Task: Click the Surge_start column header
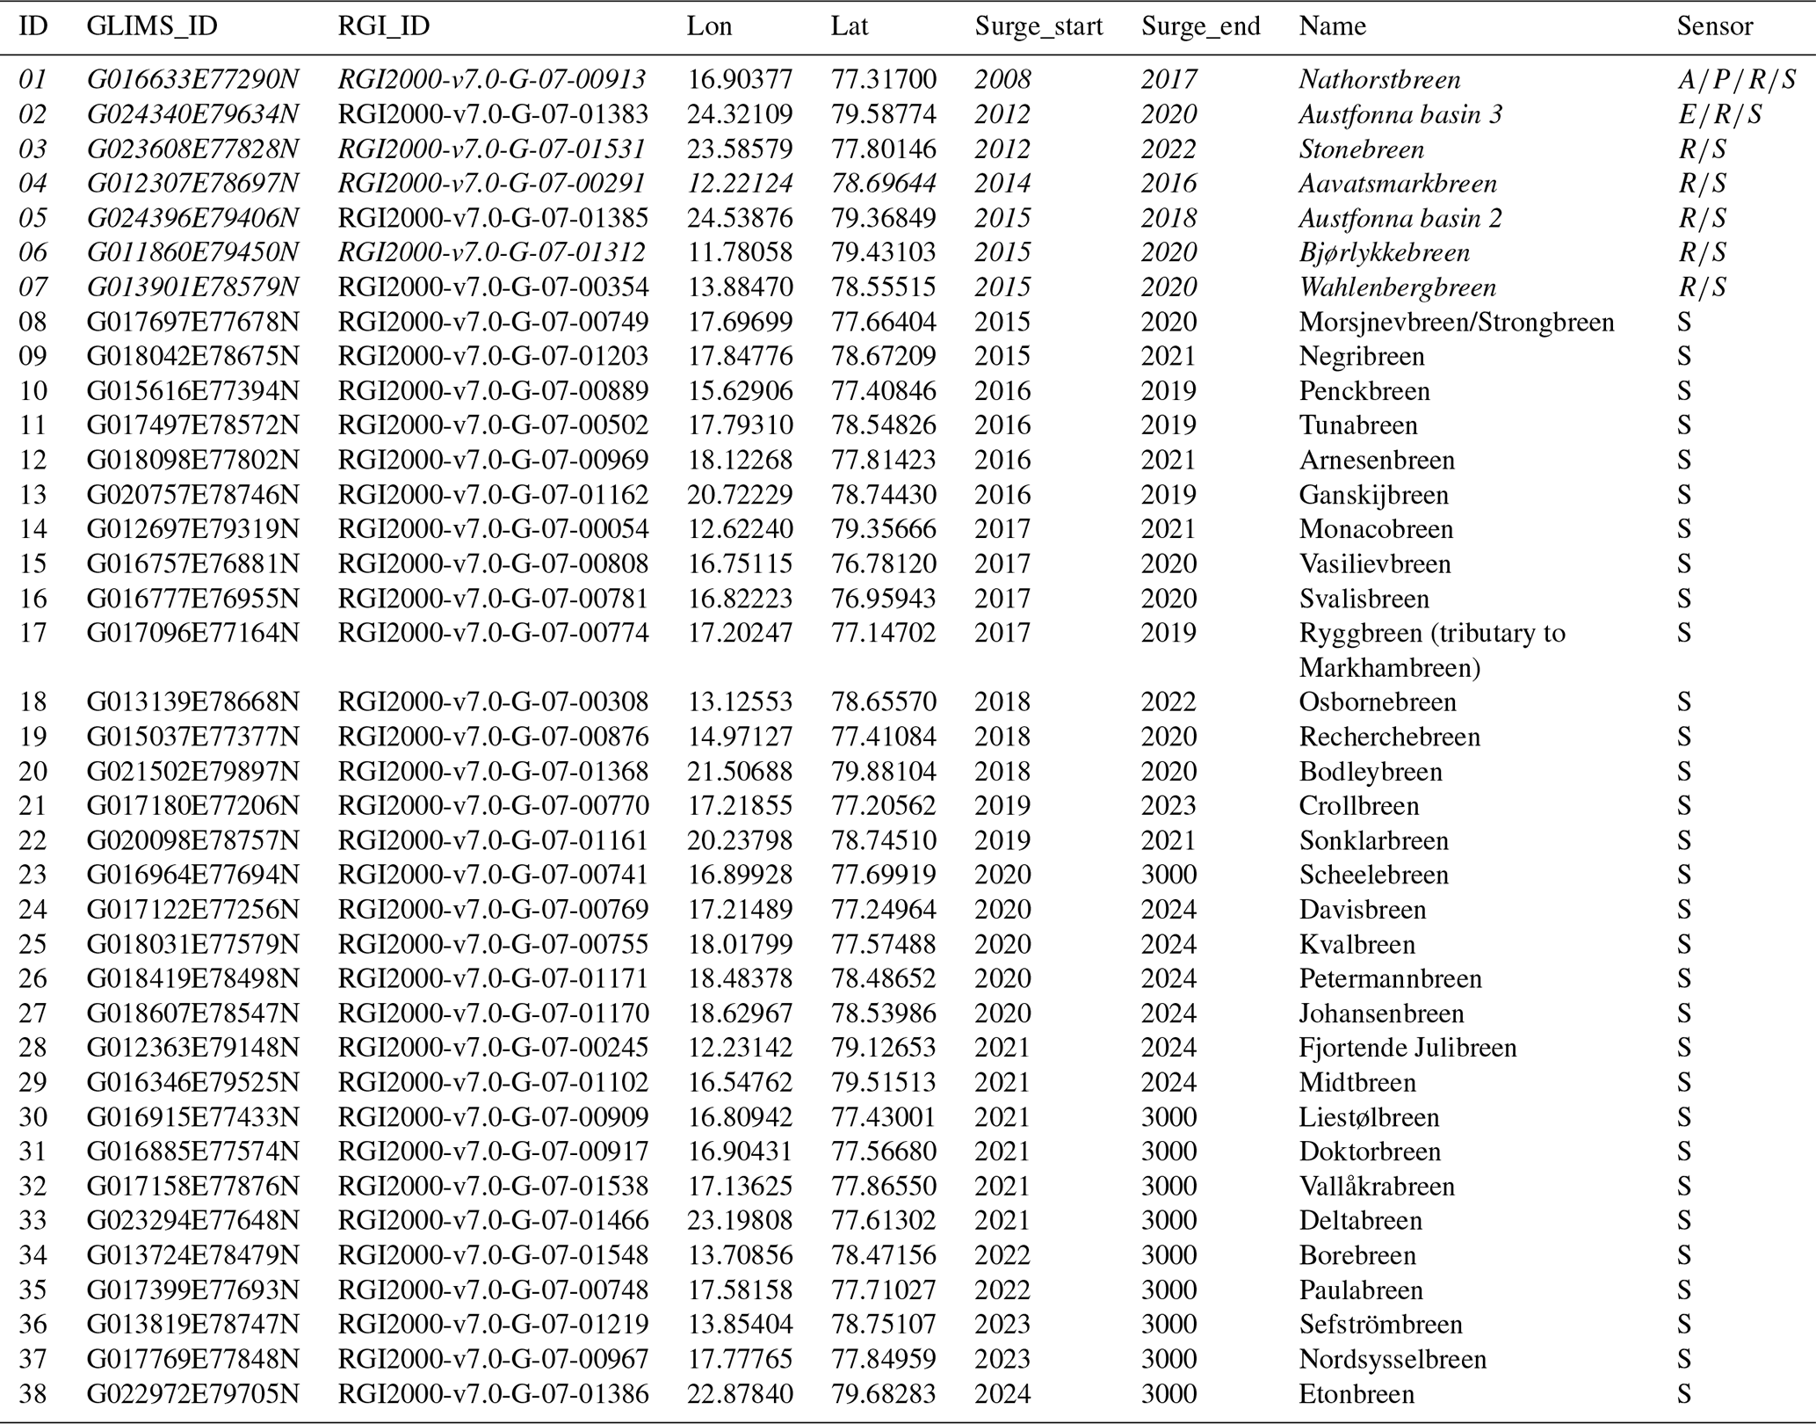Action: (1038, 26)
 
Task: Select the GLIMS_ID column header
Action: (151, 26)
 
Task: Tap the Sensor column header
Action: (1714, 26)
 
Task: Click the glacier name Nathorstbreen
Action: (1379, 79)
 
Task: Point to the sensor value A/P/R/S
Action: (1736, 79)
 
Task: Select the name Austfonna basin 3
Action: (1400, 114)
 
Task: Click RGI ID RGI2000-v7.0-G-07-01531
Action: (492, 149)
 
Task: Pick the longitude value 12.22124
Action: (740, 183)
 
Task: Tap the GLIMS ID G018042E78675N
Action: (192, 356)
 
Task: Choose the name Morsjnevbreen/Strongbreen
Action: (1456, 322)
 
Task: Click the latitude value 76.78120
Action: (883, 563)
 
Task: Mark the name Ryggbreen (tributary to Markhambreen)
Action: (1431, 650)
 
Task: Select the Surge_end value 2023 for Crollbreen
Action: (1168, 805)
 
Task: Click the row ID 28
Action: (33, 1048)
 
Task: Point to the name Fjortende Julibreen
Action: (1407, 1048)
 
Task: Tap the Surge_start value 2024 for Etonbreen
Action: (1002, 1394)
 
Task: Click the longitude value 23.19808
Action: (740, 1220)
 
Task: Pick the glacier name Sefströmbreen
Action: (1380, 1325)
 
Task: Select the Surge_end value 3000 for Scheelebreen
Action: (1168, 875)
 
